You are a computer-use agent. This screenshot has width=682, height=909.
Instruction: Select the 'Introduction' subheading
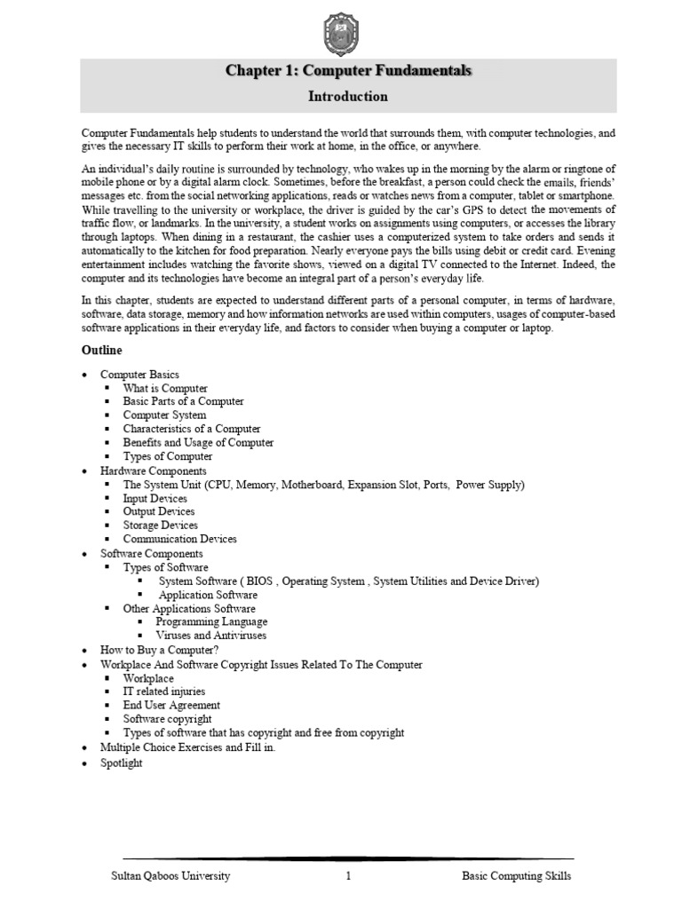(347, 96)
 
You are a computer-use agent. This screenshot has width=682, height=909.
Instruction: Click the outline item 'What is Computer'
(165, 388)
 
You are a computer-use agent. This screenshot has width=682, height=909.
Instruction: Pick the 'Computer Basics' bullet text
(139, 375)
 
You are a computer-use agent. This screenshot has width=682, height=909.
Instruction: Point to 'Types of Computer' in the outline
(168, 456)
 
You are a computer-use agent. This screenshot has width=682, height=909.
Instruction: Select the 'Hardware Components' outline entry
(153, 470)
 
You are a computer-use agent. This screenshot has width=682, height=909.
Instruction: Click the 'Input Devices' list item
(155, 498)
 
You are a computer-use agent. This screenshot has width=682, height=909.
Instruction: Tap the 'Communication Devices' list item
(180, 539)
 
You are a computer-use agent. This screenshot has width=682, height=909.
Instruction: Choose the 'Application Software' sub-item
(208, 595)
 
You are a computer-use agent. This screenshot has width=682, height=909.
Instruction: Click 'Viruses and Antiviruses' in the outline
(211, 636)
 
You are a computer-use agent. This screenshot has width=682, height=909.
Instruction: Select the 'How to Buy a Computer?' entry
(158, 650)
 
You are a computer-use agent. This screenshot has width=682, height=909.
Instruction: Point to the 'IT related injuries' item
(164, 691)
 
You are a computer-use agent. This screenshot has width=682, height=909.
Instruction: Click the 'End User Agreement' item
(171, 705)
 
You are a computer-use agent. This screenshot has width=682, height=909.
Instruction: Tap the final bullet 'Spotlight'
(121, 763)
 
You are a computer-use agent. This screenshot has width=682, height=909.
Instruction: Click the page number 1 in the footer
(349, 876)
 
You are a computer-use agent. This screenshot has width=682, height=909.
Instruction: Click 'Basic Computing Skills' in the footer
(517, 876)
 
